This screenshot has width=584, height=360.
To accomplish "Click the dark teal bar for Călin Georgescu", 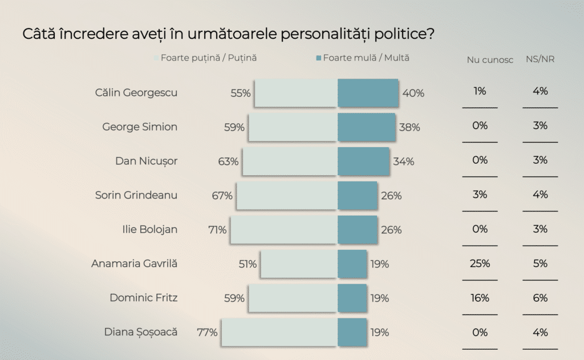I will click(368, 93).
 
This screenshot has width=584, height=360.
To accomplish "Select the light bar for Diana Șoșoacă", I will click(279, 332).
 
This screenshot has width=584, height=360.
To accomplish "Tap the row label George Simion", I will click(140, 127).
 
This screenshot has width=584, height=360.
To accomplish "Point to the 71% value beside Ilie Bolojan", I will click(217, 230).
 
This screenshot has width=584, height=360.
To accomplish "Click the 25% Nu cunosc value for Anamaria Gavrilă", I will click(480, 264).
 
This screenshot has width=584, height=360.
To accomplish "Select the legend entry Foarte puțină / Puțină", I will click(209, 58).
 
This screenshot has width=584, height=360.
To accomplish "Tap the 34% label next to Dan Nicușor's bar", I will click(403, 161).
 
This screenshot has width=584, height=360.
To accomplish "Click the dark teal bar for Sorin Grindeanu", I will click(358, 196).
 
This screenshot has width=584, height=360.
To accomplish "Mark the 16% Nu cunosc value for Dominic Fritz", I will click(480, 298).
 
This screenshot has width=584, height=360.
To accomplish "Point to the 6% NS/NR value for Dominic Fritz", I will click(540, 298).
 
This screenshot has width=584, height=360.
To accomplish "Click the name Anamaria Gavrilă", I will click(134, 264).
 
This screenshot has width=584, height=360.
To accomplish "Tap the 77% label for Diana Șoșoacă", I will click(207, 333).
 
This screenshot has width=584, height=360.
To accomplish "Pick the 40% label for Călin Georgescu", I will click(413, 94).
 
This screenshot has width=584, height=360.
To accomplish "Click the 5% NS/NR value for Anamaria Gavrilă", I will click(540, 264).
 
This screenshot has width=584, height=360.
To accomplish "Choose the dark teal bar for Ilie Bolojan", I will click(358, 230).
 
